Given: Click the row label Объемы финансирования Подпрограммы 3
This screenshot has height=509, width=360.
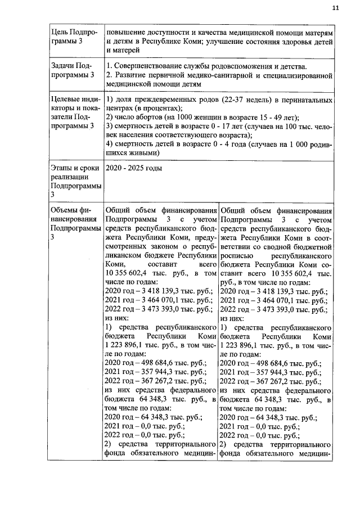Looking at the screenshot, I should pyautogui.click(x=73, y=224).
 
